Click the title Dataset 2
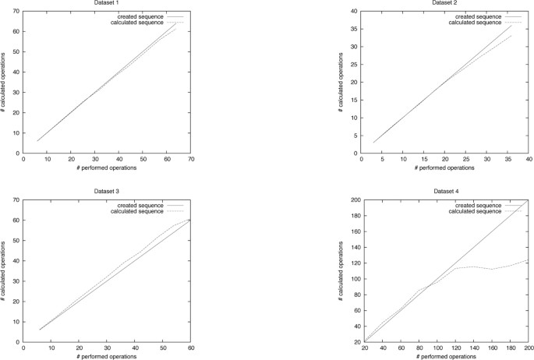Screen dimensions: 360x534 pos(444,3)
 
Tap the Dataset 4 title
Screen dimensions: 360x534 pos(444,190)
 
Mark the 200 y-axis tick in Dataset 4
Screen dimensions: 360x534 pos(348,200)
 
